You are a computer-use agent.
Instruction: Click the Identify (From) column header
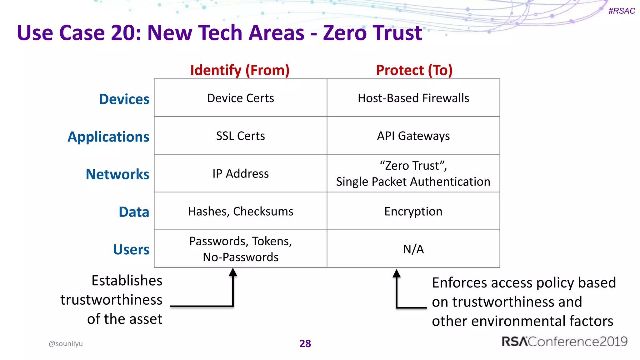(x=240, y=70)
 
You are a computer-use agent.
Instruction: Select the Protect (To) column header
(x=414, y=70)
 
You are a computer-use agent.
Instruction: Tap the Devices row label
(x=124, y=99)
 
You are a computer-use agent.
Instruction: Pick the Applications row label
(x=108, y=137)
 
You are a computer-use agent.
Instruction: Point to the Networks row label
(x=117, y=174)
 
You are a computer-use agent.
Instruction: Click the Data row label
(x=134, y=212)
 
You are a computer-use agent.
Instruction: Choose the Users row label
(x=131, y=250)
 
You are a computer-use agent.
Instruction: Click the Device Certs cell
(x=240, y=98)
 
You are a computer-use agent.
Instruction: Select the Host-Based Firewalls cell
(x=413, y=98)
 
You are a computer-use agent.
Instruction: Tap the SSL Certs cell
(x=240, y=136)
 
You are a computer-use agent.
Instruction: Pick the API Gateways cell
(x=413, y=136)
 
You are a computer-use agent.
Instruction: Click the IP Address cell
(x=240, y=174)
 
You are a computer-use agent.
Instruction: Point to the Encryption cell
(x=413, y=212)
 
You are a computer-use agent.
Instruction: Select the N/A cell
(x=413, y=249)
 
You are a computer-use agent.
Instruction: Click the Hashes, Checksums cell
(x=240, y=212)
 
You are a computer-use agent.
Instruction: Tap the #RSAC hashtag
(x=621, y=11)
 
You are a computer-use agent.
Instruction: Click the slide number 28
(x=305, y=343)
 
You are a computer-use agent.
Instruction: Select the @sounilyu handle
(x=66, y=343)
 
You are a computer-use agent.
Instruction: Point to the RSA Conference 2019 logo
(x=564, y=342)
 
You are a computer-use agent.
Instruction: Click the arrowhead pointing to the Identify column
(x=233, y=272)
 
